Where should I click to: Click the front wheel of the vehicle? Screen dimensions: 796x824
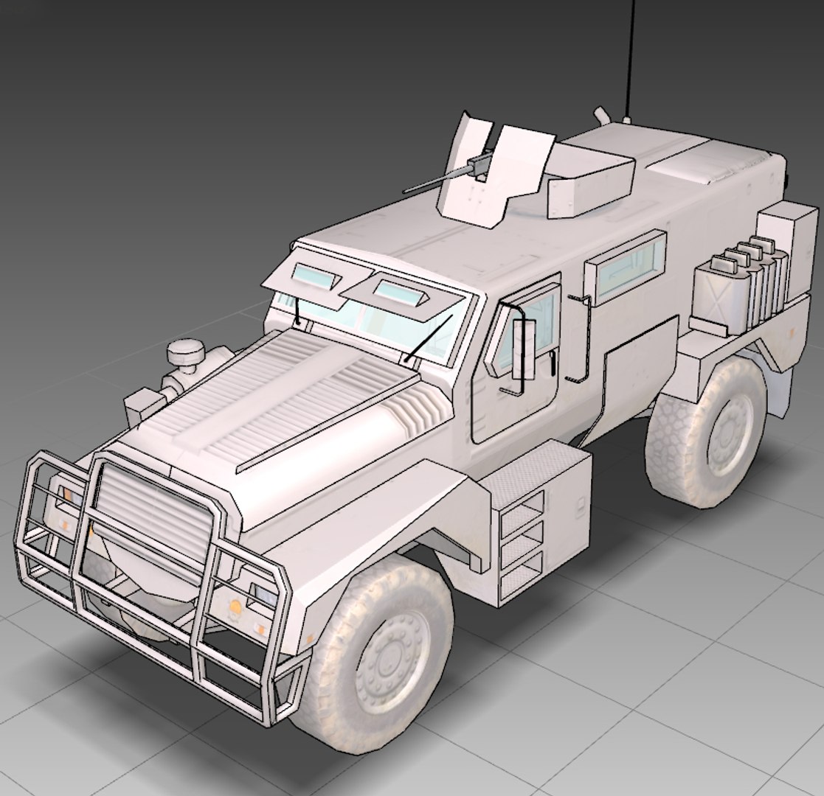[x=380, y=649]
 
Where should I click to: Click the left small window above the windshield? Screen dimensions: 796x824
[x=314, y=276]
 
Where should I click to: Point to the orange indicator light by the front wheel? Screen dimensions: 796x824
[x=235, y=607]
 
